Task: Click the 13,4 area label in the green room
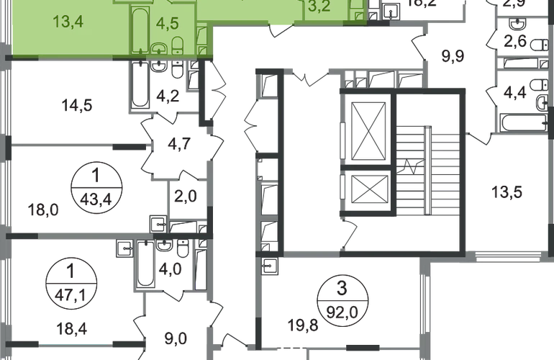(68, 21)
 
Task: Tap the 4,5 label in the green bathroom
(167, 22)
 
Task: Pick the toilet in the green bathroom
(157, 48)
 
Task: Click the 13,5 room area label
(506, 193)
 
